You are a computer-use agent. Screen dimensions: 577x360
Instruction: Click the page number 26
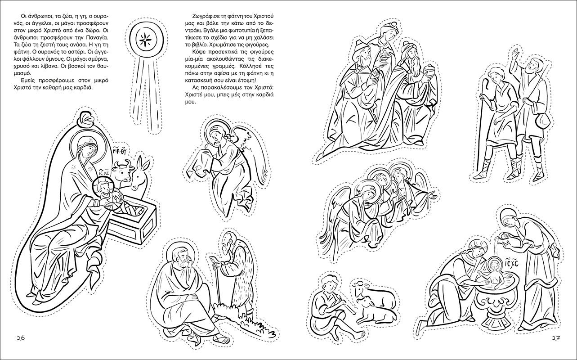tap(21, 338)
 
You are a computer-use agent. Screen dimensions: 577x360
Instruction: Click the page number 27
tap(556, 338)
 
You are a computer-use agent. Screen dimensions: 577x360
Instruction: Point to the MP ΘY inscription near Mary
tap(120, 150)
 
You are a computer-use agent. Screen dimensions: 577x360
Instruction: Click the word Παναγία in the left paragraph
tap(96, 37)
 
